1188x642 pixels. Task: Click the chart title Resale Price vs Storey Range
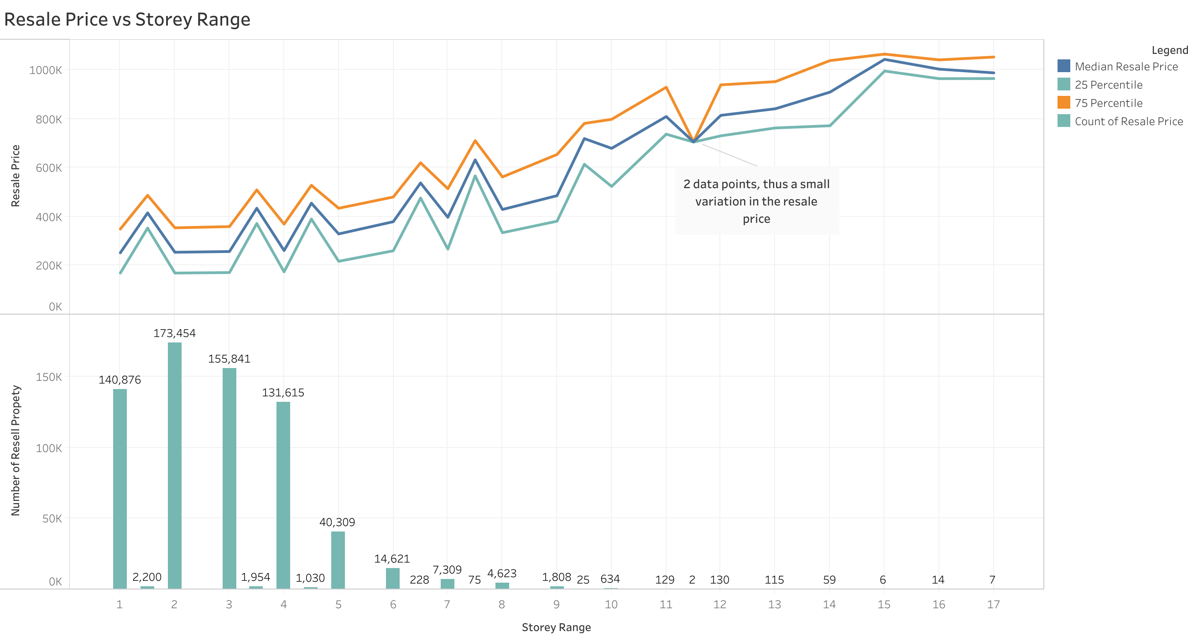[127, 19]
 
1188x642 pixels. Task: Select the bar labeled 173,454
[174, 465]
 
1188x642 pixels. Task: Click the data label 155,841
[229, 359]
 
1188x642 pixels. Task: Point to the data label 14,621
[392, 559]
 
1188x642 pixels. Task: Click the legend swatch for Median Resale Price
[1063, 66]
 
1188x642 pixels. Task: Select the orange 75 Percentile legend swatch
[1063, 102]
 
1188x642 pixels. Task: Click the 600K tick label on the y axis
[48, 168]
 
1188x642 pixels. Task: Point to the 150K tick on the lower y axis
[48, 377]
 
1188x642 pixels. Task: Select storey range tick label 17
[993, 605]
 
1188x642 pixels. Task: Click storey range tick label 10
[611, 605]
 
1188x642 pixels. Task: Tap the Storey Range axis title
[556, 627]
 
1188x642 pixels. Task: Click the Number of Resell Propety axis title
[15, 451]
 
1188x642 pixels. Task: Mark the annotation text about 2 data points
[756, 201]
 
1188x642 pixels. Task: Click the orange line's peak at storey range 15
[884, 54]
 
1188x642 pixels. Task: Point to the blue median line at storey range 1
[120, 253]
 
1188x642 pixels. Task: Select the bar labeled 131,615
[283, 495]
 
